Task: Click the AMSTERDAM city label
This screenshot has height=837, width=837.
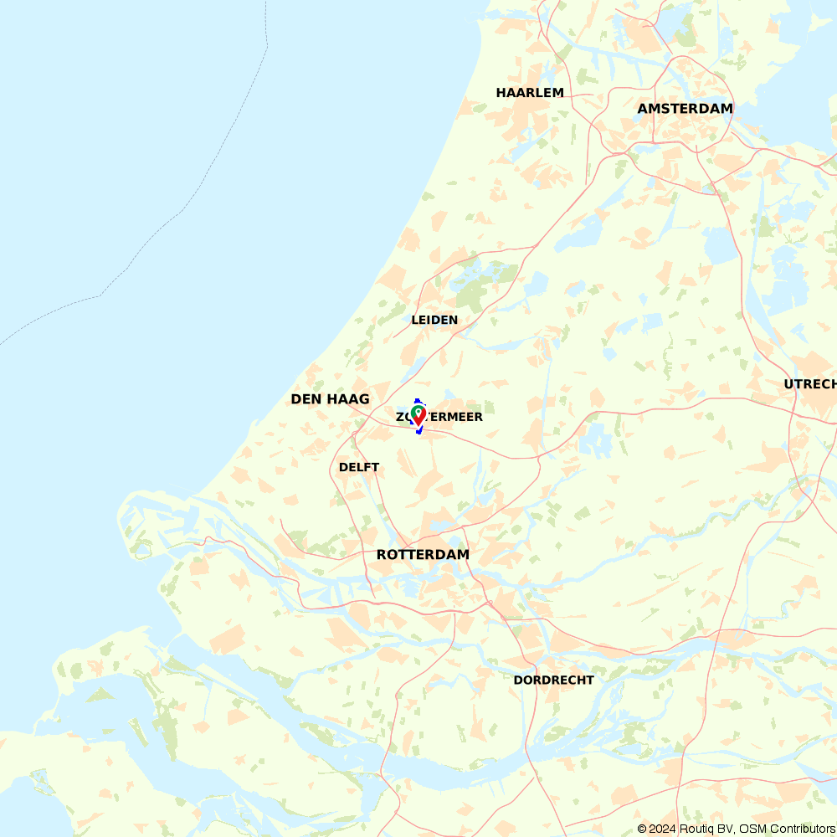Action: click(685, 109)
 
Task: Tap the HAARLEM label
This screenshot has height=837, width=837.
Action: click(530, 93)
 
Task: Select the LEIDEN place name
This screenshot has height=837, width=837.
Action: click(434, 320)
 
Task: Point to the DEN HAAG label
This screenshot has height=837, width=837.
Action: click(330, 399)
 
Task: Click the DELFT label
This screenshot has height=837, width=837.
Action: click(359, 467)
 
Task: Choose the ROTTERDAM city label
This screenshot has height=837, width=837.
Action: click(423, 555)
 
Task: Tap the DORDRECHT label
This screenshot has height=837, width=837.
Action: click(553, 680)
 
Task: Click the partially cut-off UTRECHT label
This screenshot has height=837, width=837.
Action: click(810, 384)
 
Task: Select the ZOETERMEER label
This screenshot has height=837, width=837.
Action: click(439, 417)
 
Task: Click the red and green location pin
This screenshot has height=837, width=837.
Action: click(418, 415)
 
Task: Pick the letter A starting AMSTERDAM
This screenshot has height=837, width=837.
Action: click(643, 109)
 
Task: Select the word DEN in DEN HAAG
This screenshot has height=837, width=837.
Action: click(306, 399)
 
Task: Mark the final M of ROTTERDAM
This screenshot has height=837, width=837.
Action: click(462, 555)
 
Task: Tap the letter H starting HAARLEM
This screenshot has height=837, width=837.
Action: click(501, 93)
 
